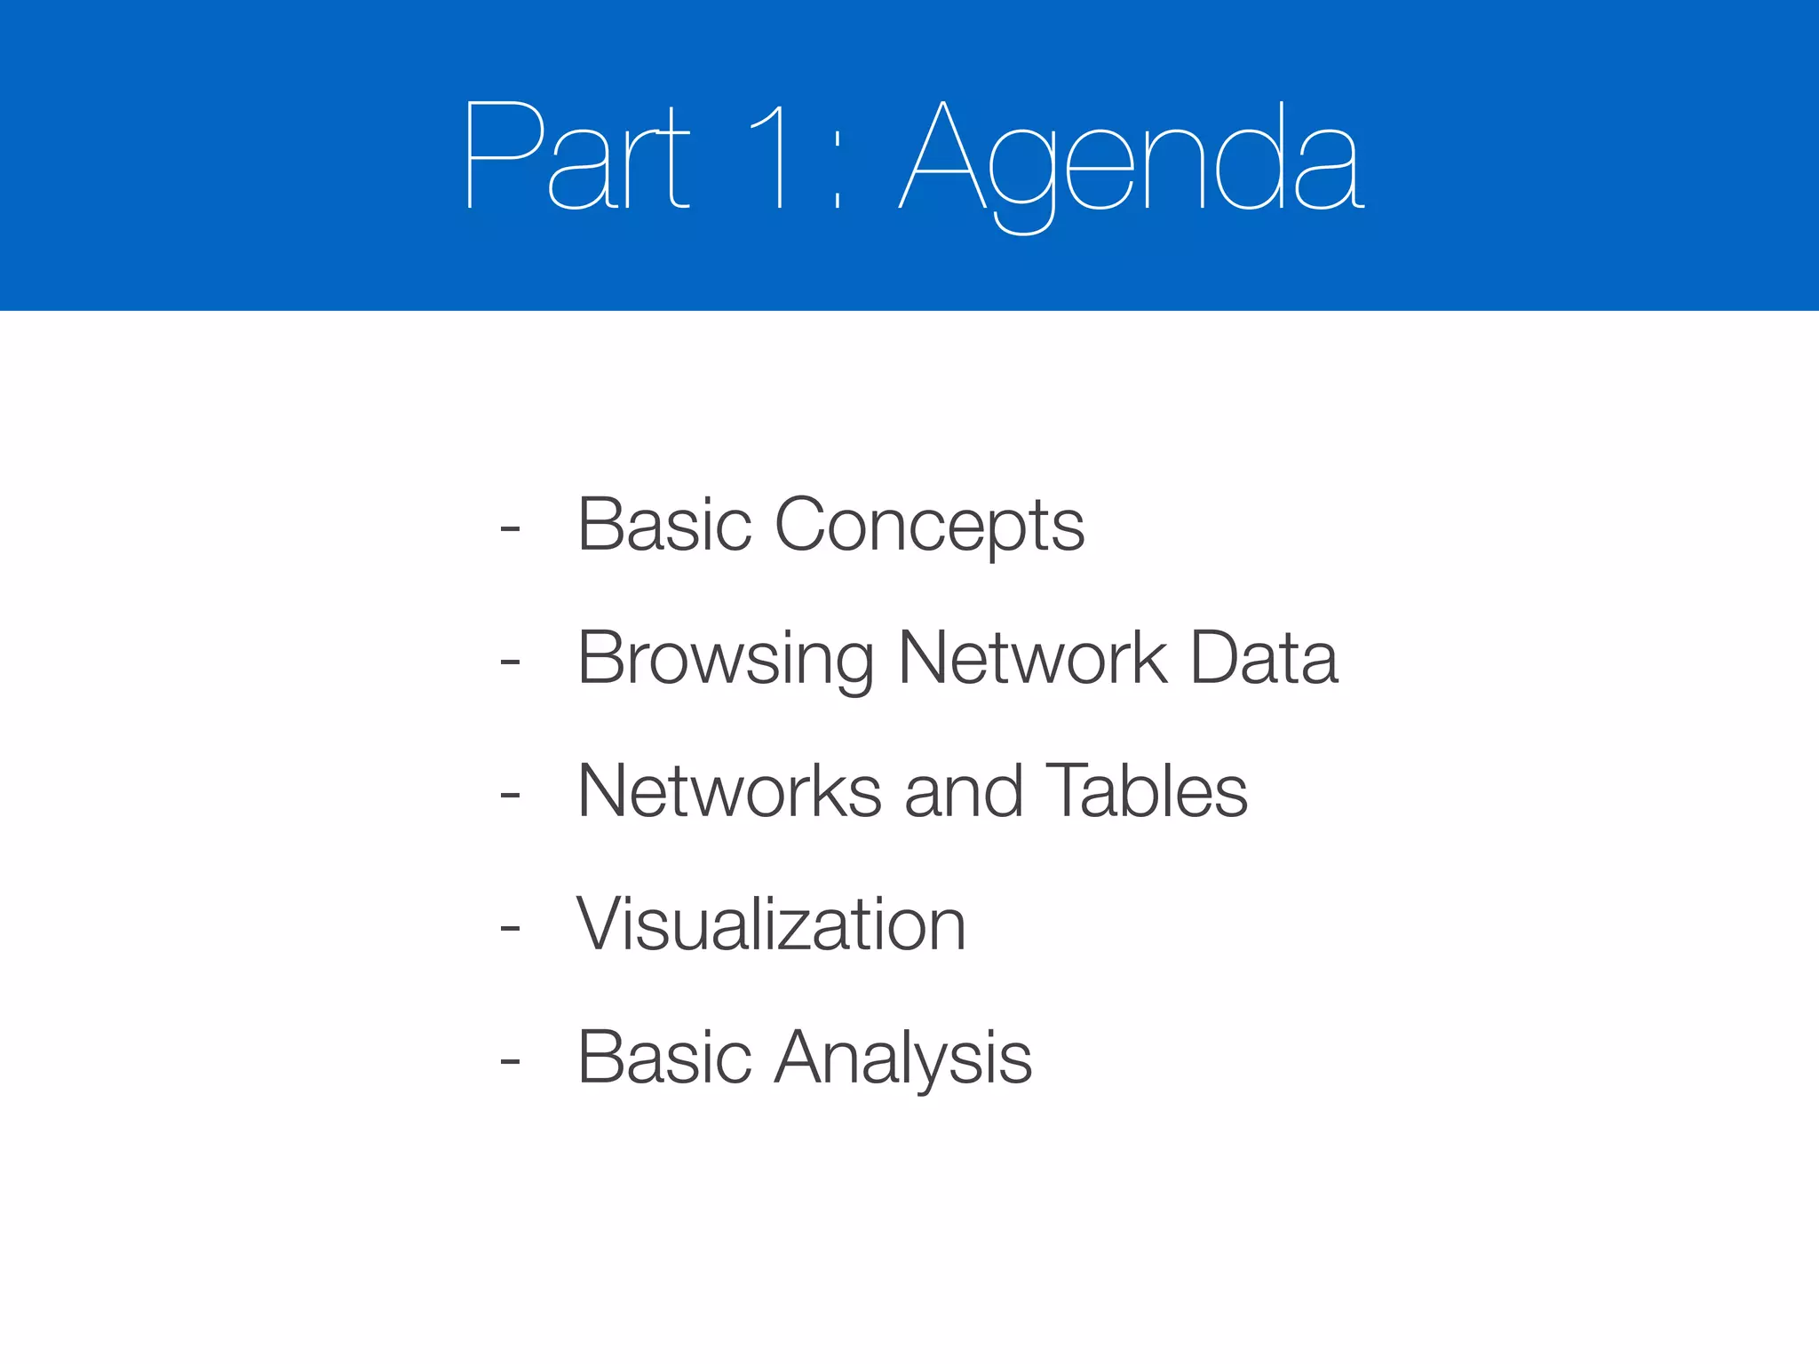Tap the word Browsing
(x=726, y=660)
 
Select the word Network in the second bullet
(x=1032, y=658)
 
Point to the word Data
(x=1263, y=658)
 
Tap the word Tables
(x=1146, y=791)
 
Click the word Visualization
(x=771, y=924)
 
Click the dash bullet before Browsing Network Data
(x=510, y=662)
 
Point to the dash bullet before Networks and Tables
(x=510, y=795)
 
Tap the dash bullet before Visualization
(x=510, y=928)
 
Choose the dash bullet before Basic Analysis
(x=510, y=1060)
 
